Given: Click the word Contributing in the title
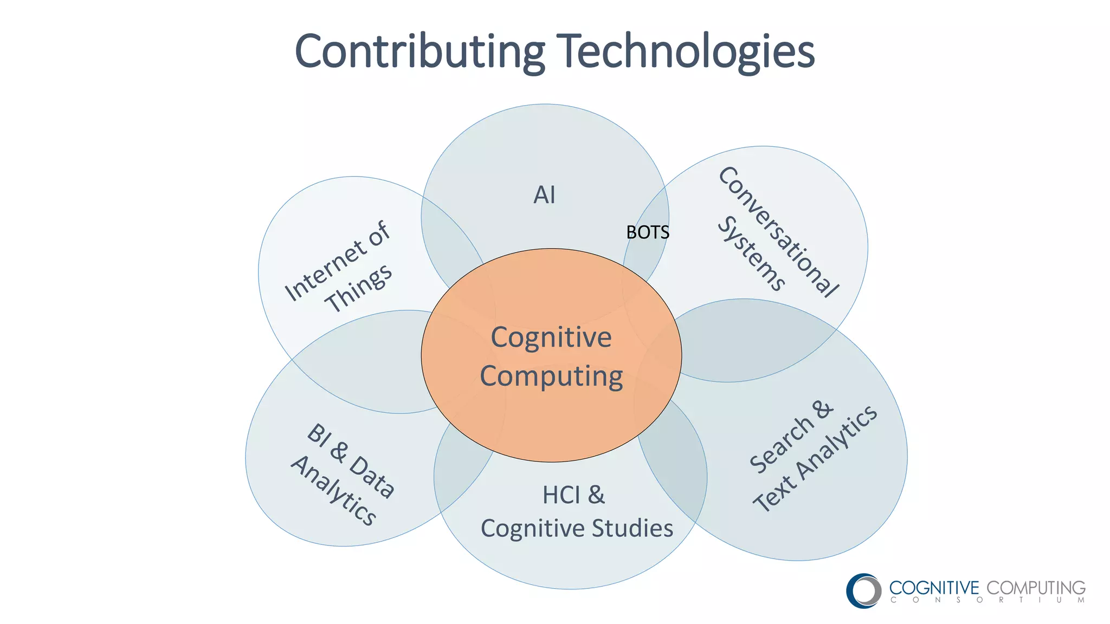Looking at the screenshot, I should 419,51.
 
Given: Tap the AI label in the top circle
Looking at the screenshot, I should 544,195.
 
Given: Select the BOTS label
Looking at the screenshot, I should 648,232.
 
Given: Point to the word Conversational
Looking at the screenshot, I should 779,231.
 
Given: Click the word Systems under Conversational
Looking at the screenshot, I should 751,253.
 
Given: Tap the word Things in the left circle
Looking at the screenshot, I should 359,288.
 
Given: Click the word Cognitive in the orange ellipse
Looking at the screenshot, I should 551,337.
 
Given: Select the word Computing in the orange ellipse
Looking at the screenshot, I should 551,376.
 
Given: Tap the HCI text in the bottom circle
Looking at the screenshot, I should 561,495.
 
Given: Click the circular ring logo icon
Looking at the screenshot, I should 864,590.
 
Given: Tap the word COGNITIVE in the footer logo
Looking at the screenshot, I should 934,588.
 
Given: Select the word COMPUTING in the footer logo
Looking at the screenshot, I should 1036,588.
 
